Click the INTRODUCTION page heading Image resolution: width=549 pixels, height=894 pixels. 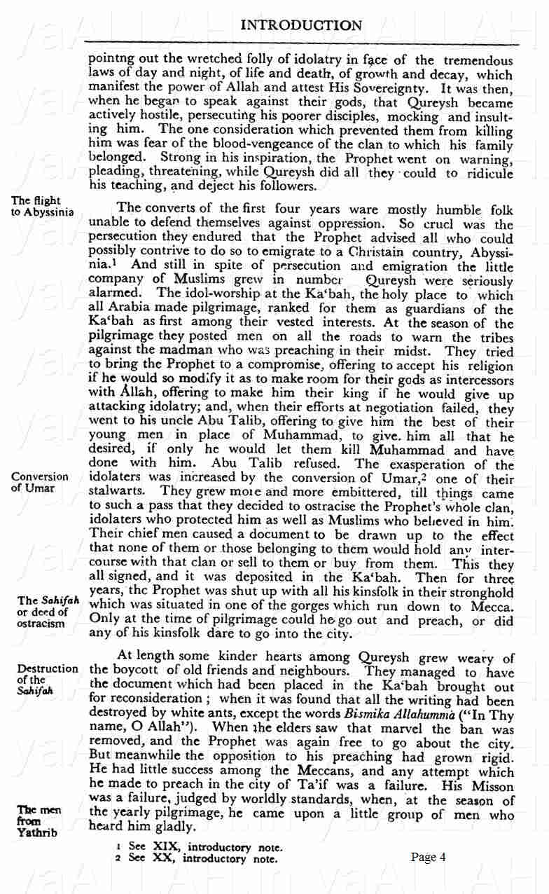click(301, 26)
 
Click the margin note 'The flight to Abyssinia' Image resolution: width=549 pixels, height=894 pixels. click(42, 207)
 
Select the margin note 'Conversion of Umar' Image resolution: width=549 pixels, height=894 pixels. click(40, 482)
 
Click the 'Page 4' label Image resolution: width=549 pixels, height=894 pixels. click(429, 856)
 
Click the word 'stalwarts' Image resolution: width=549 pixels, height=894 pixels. click(116, 493)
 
